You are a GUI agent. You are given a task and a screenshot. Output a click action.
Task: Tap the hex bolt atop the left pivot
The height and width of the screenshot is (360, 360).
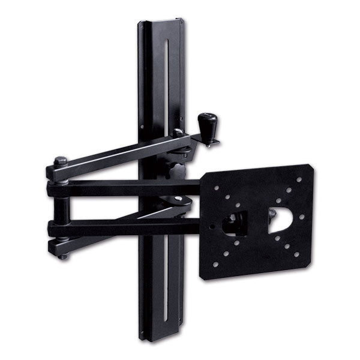pyautogui.click(x=60, y=161)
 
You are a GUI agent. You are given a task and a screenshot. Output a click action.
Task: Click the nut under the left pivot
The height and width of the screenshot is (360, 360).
pyautogui.click(x=62, y=255)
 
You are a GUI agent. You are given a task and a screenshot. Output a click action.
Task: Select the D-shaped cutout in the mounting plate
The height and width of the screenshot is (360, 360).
pyautogui.click(x=280, y=220)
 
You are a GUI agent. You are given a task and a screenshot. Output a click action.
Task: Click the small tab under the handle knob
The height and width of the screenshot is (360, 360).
pyautogui.click(x=211, y=143)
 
